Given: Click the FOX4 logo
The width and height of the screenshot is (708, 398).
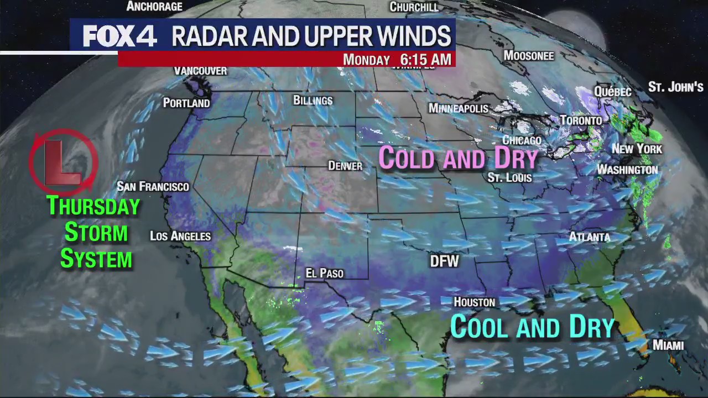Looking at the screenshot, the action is (120, 36).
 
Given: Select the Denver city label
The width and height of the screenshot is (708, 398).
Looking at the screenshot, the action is (345, 166).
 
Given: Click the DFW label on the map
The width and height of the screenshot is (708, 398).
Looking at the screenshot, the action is (445, 261).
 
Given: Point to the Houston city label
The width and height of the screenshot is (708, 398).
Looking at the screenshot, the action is (474, 302).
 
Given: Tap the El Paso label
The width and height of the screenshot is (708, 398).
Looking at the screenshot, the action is (325, 273).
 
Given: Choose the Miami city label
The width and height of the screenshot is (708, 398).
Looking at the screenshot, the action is (668, 345).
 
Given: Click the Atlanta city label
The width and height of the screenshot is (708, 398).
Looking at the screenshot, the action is (590, 237).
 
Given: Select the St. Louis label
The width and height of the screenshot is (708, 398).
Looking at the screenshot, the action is (509, 177).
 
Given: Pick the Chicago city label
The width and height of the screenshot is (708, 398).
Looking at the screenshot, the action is (522, 140).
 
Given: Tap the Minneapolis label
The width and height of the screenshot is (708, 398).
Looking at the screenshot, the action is (459, 108).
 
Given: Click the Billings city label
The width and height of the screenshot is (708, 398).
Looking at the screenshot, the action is (313, 101).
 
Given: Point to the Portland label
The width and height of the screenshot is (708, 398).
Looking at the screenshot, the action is (186, 103).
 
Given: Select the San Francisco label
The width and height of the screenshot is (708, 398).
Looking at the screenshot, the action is (153, 187).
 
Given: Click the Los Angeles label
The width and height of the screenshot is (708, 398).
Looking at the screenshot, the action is (180, 236).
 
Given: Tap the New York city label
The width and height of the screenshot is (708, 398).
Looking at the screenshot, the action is (637, 149).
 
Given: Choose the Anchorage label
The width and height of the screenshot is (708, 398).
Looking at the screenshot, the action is (154, 7).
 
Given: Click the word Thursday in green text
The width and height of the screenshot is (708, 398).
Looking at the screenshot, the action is (93, 206).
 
